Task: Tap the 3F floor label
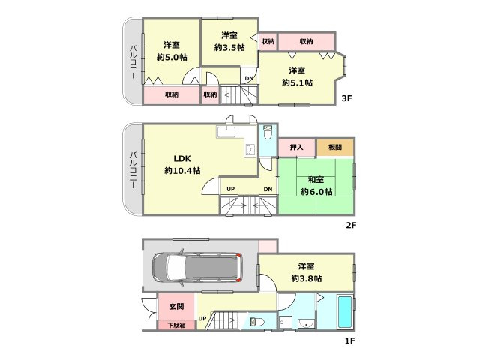(347, 97)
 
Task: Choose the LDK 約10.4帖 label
(182, 164)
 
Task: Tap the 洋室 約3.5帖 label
(229, 42)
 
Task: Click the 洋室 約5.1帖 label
(297, 76)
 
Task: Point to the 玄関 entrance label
(176, 307)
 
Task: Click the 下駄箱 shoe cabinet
(176, 325)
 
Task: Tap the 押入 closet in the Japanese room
(297, 148)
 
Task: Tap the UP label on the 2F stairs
(230, 189)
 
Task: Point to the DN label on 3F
(249, 77)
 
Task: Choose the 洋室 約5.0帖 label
(171, 50)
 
